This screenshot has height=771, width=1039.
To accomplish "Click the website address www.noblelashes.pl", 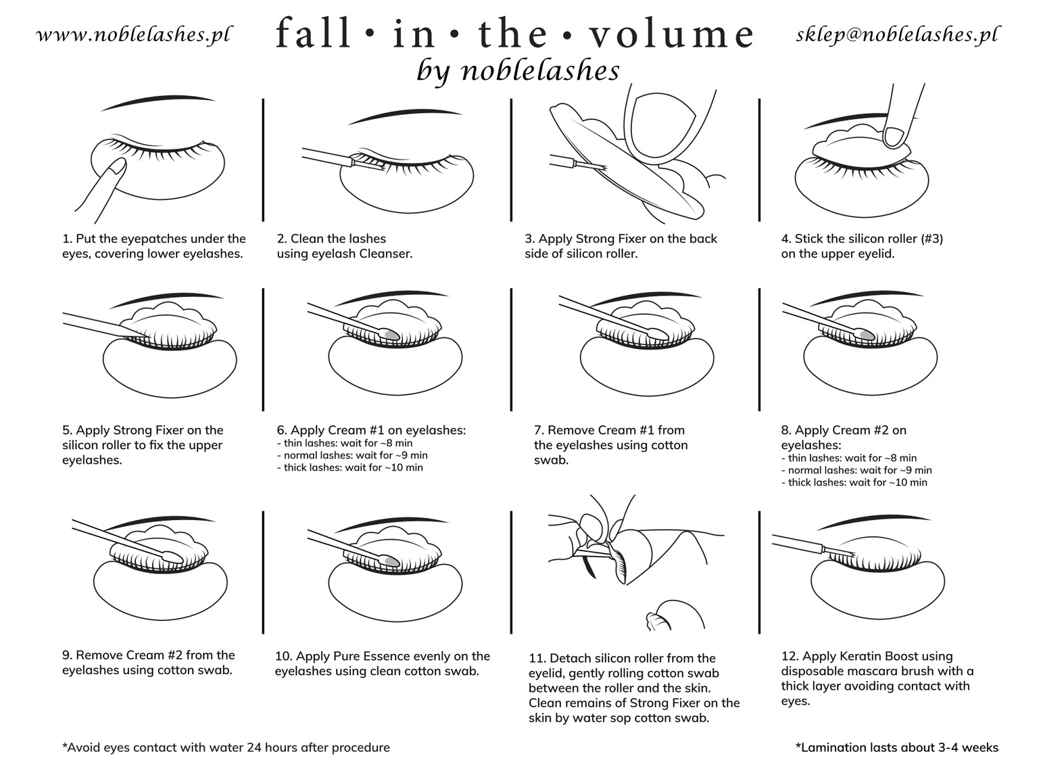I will [x=133, y=35].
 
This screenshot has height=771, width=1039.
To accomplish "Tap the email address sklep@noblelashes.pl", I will [x=897, y=35].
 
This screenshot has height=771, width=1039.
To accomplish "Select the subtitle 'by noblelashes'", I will [x=518, y=70].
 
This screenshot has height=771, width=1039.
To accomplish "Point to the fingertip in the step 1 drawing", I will [x=119, y=166].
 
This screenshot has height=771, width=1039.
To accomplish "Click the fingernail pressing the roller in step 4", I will [x=896, y=137].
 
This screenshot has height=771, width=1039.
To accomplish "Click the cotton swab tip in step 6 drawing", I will [x=390, y=333].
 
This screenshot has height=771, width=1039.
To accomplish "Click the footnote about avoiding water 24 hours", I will [x=226, y=747].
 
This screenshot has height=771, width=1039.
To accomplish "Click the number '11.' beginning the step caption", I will [x=537, y=658].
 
